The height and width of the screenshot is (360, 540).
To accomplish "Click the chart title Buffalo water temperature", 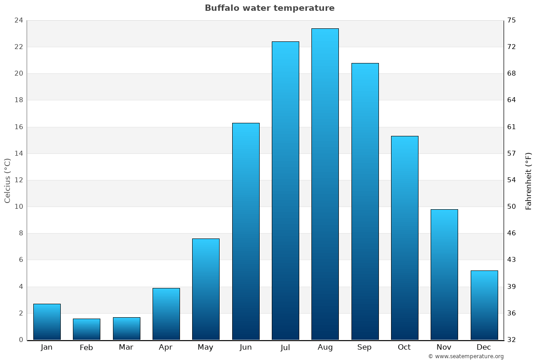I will pyautogui.click(x=270, y=8).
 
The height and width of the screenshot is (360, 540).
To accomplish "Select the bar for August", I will pyautogui.click(x=325, y=184).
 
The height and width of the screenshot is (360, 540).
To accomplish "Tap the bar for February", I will pyautogui.click(x=86, y=329).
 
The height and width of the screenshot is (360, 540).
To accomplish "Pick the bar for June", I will pyautogui.click(x=246, y=231).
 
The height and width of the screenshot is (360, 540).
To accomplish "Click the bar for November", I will pyautogui.click(x=444, y=274).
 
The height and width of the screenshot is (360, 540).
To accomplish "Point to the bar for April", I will pyautogui.click(x=166, y=314).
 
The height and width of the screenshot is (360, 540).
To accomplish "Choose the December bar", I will pyautogui.click(x=484, y=305).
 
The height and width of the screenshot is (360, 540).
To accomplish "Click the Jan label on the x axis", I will pyautogui.click(x=46, y=347).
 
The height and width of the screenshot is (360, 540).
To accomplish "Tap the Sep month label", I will pyautogui.click(x=364, y=347).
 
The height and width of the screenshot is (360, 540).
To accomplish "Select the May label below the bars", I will pyautogui.click(x=206, y=347).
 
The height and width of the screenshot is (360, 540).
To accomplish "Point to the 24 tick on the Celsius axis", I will pyautogui.click(x=18, y=20).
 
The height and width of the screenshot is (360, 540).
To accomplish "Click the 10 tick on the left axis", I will pyautogui.click(x=18, y=207).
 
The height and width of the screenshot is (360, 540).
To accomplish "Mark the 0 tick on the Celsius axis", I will pyautogui.click(x=21, y=340).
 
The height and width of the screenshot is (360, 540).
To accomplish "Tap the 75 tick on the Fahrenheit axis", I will pyautogui.click(x=512, y=20).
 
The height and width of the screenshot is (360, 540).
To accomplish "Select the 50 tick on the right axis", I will pyautogui.click(x=512, y=207).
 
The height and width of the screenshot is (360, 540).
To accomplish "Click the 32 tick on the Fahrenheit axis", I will pyautogui.click(x=512, y=340).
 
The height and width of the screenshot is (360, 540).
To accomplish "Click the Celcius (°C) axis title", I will pyautogui.click(x=8, y=180).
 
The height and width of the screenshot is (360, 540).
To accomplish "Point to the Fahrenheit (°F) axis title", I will pyautogui.click(x=529, y=180).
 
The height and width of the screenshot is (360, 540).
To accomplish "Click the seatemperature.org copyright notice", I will pyautogui.click(x=466, y=356).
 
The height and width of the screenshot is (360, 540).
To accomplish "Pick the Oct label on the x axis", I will pyautogui.click(x=404, y=347).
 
